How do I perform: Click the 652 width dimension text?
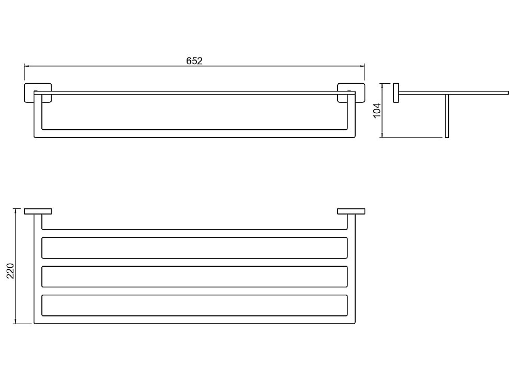point(194,61)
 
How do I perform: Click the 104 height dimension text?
point(377,111)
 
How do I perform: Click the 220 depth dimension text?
point(11,271)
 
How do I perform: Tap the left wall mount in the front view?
point(38,93)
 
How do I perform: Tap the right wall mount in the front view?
point(351,93)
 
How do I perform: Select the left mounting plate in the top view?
point(38,211)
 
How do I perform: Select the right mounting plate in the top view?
point(351,211)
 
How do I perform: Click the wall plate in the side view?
point(396,93)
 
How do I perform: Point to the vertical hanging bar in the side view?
point(447,116)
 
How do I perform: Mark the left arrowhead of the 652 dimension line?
point(26,66)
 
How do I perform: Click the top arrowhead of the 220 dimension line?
point(15,210)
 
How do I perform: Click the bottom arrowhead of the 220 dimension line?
point(15,322)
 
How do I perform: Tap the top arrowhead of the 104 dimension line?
point(382,85)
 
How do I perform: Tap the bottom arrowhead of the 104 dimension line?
point(382,135)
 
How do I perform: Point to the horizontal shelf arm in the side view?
point(454,93)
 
